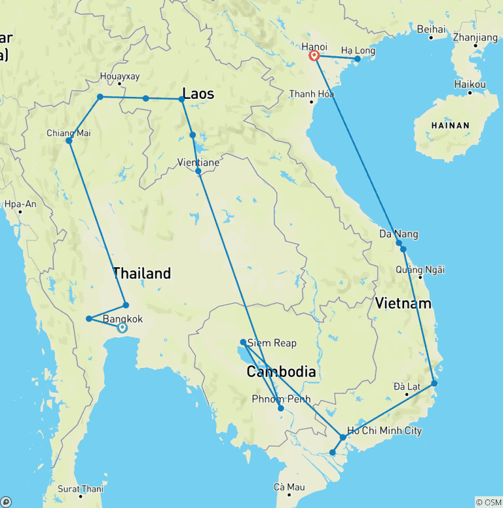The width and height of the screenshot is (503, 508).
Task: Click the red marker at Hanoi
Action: (314, 56)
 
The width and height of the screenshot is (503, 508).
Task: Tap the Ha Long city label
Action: (356, 50)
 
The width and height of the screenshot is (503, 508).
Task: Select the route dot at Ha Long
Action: (358, 59)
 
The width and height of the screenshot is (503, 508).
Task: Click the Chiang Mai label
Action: (69, 133)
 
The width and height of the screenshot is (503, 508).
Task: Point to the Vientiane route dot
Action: (198, 171)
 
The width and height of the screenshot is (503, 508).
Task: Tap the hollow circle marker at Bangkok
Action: (122, 328)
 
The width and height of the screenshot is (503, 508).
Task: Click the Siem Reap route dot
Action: (243, 342)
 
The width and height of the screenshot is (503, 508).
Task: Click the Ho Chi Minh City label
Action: (384, 431)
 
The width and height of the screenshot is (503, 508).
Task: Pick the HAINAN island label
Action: (450, 125)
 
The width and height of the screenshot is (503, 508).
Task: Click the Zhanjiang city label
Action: (475, 37)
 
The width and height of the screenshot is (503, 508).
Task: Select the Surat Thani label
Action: (81, 488)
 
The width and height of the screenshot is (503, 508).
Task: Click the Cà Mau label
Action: (289, 486)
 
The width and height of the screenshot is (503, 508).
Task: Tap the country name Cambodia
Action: (281, 372)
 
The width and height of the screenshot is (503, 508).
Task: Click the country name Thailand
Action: (141, 273)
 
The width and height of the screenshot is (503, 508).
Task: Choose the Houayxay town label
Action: (120, 76)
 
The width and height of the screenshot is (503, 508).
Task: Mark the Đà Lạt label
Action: (407, 386)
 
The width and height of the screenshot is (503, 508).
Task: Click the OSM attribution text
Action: (488, 502)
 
